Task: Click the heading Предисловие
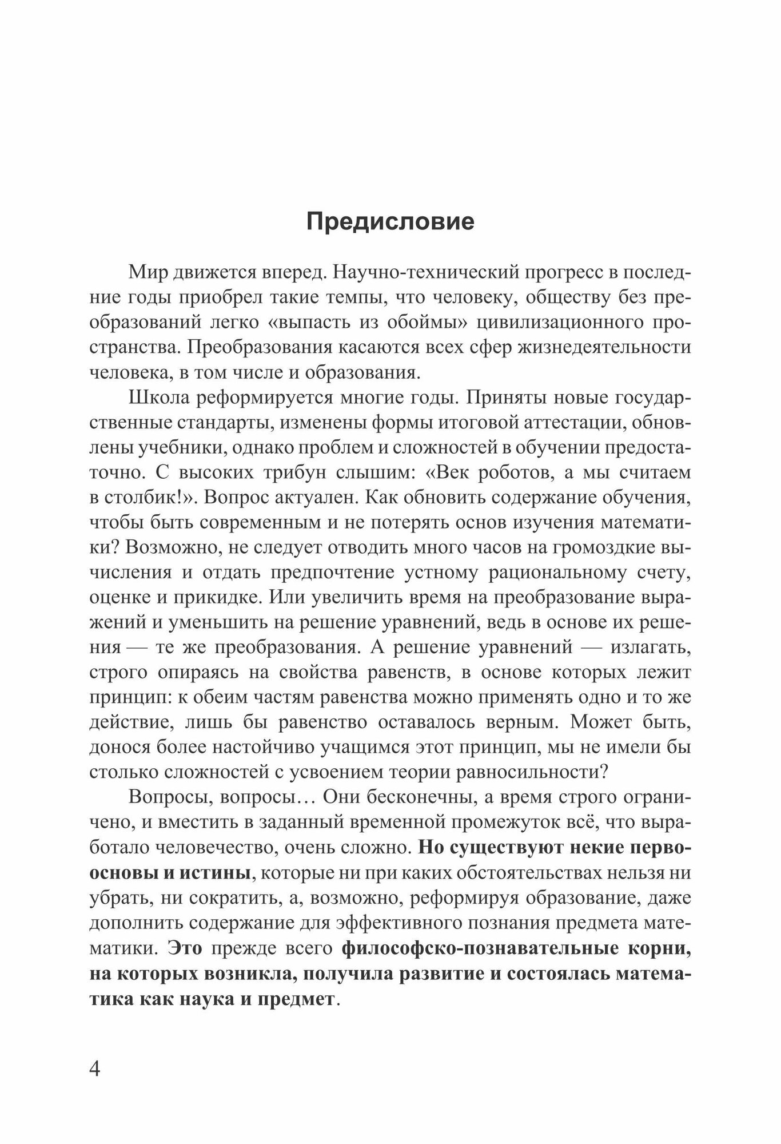[390, 221]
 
